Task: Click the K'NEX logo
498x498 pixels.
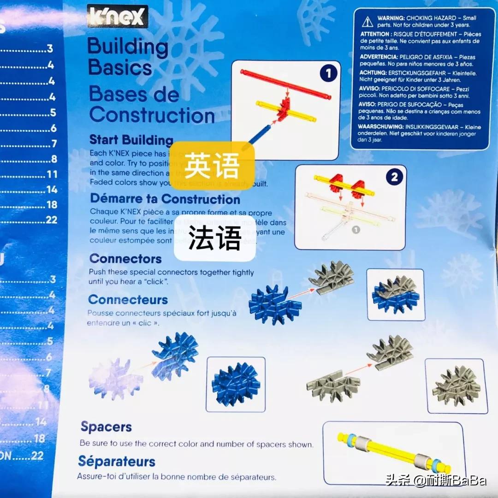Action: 117,17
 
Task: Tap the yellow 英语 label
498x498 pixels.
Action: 212,165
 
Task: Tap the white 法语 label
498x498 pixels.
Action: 215,238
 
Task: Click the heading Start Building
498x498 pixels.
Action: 131,140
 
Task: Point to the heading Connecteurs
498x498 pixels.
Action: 128,300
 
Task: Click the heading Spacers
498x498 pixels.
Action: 106,427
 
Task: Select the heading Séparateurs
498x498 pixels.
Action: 116,462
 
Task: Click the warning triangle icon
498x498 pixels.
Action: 368,21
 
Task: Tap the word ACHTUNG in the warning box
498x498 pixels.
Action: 373,73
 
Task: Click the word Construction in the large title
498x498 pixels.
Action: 152,115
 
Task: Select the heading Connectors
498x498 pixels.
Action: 125,259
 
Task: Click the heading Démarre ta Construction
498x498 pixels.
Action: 165,199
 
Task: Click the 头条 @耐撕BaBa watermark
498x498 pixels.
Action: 436,481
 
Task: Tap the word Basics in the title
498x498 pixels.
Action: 120,68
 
